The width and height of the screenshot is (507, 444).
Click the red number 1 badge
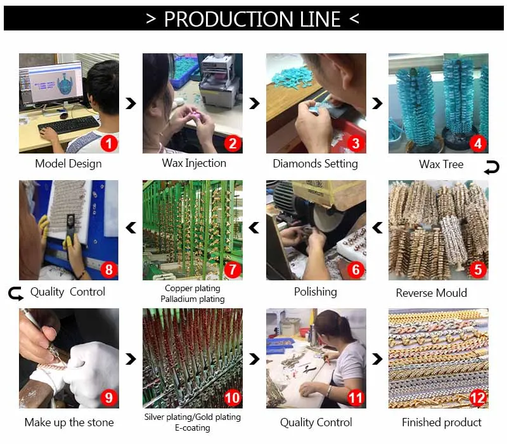[108, 143]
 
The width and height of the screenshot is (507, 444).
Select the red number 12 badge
[478, 398]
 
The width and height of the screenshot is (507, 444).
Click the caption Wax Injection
[194, 163]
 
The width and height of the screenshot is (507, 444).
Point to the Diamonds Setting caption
[315, 164]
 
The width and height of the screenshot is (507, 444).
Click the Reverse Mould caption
[432, 293]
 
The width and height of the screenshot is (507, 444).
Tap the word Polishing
[316, 292]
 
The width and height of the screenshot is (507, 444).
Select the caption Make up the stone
[69, 422]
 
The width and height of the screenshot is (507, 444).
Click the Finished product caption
[442, 422]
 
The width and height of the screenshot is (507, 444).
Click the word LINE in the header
[320, 19]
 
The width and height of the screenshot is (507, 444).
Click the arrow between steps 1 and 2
[131, 103]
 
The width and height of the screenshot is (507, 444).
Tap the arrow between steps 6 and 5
[377, 228]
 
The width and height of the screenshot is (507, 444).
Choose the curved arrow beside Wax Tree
[492, 168]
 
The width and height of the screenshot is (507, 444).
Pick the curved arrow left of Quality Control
[16, 294]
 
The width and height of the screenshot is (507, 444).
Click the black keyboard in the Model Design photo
[69, 124]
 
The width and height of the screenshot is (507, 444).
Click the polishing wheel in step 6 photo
[327, 218]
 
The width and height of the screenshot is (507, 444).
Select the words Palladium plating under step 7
[193, 299]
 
